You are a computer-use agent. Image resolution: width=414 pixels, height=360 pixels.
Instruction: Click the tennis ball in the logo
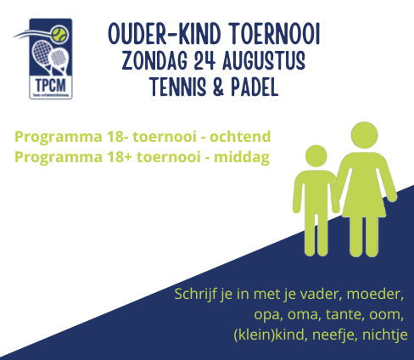[59, 36]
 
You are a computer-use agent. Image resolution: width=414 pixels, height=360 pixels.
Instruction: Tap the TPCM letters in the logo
[51, 85]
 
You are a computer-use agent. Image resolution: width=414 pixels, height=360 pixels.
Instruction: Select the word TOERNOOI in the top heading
[275, 34]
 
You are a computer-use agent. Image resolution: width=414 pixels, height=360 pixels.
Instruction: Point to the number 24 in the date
[204, 60]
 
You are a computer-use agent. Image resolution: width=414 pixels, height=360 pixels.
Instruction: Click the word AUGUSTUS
[264, 60]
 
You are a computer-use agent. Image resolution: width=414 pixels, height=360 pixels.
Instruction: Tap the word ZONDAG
[155, 61]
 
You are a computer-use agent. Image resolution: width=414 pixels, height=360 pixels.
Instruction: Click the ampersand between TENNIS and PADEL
[218, 87]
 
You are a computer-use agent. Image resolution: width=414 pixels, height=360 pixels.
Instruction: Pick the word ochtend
[240, 137]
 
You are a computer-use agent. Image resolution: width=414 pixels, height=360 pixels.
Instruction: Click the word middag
[242, 157]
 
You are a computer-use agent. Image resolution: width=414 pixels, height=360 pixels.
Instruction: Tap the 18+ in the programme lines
[120, 157]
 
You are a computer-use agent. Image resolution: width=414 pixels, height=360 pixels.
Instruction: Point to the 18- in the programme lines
[118, 137]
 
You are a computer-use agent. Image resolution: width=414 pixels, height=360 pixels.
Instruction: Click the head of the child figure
[316, 156]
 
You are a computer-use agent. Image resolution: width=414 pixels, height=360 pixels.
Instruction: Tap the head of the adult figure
[364, 135]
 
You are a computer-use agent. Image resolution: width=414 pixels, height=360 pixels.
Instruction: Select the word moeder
[375, 295]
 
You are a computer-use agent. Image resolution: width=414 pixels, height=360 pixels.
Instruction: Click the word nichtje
[385, 335]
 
